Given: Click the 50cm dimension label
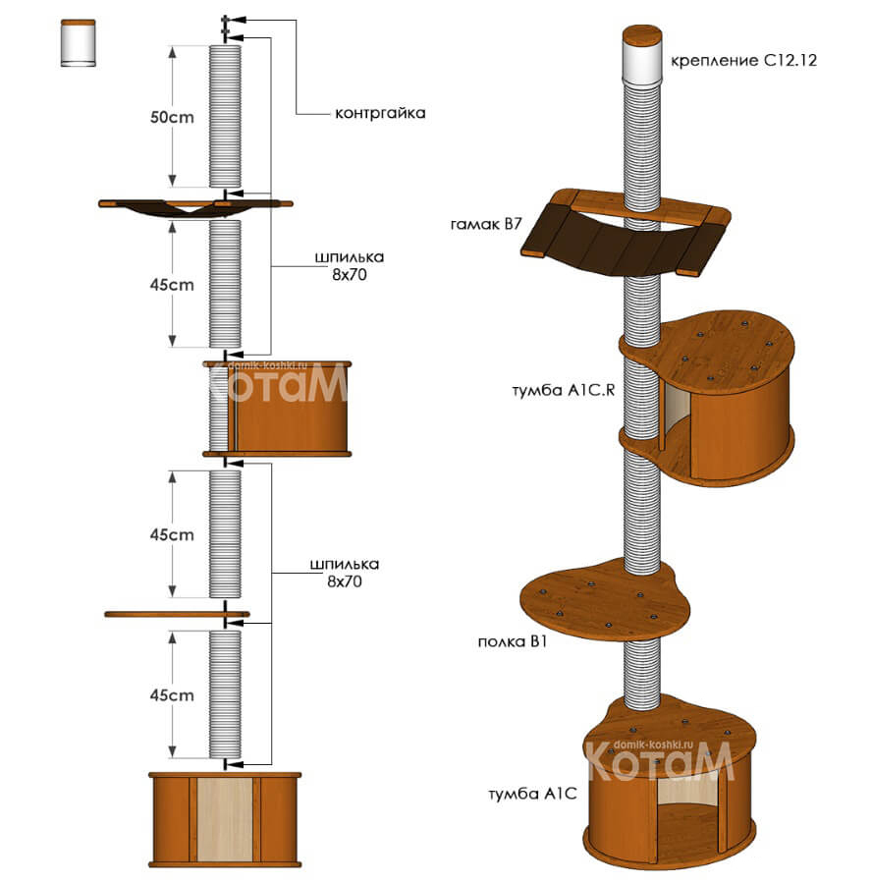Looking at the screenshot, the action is [172, 117].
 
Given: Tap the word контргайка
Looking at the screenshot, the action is [380, 113].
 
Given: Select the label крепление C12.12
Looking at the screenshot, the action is [743, 60].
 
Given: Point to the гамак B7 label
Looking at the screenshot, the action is [486, 224].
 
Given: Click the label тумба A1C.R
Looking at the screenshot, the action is [563, 390].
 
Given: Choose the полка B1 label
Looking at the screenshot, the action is [513, 641].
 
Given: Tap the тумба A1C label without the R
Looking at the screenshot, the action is [532, 794].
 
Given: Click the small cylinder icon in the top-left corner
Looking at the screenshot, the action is [79, 43].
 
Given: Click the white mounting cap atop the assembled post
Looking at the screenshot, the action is [641, 62].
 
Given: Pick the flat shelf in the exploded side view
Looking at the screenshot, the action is [177, 614].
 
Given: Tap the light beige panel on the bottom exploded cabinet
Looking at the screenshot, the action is [225, 818].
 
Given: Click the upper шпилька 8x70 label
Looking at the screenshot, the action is [350, 266].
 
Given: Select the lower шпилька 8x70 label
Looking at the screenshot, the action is [345, 573].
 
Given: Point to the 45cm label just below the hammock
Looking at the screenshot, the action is [172, 285].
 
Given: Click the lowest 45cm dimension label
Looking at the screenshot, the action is [172, 695].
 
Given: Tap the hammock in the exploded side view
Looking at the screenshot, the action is [195, 207].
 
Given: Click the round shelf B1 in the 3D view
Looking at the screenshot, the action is [603, 600].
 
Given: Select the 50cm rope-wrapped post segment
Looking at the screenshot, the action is [225, 116].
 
